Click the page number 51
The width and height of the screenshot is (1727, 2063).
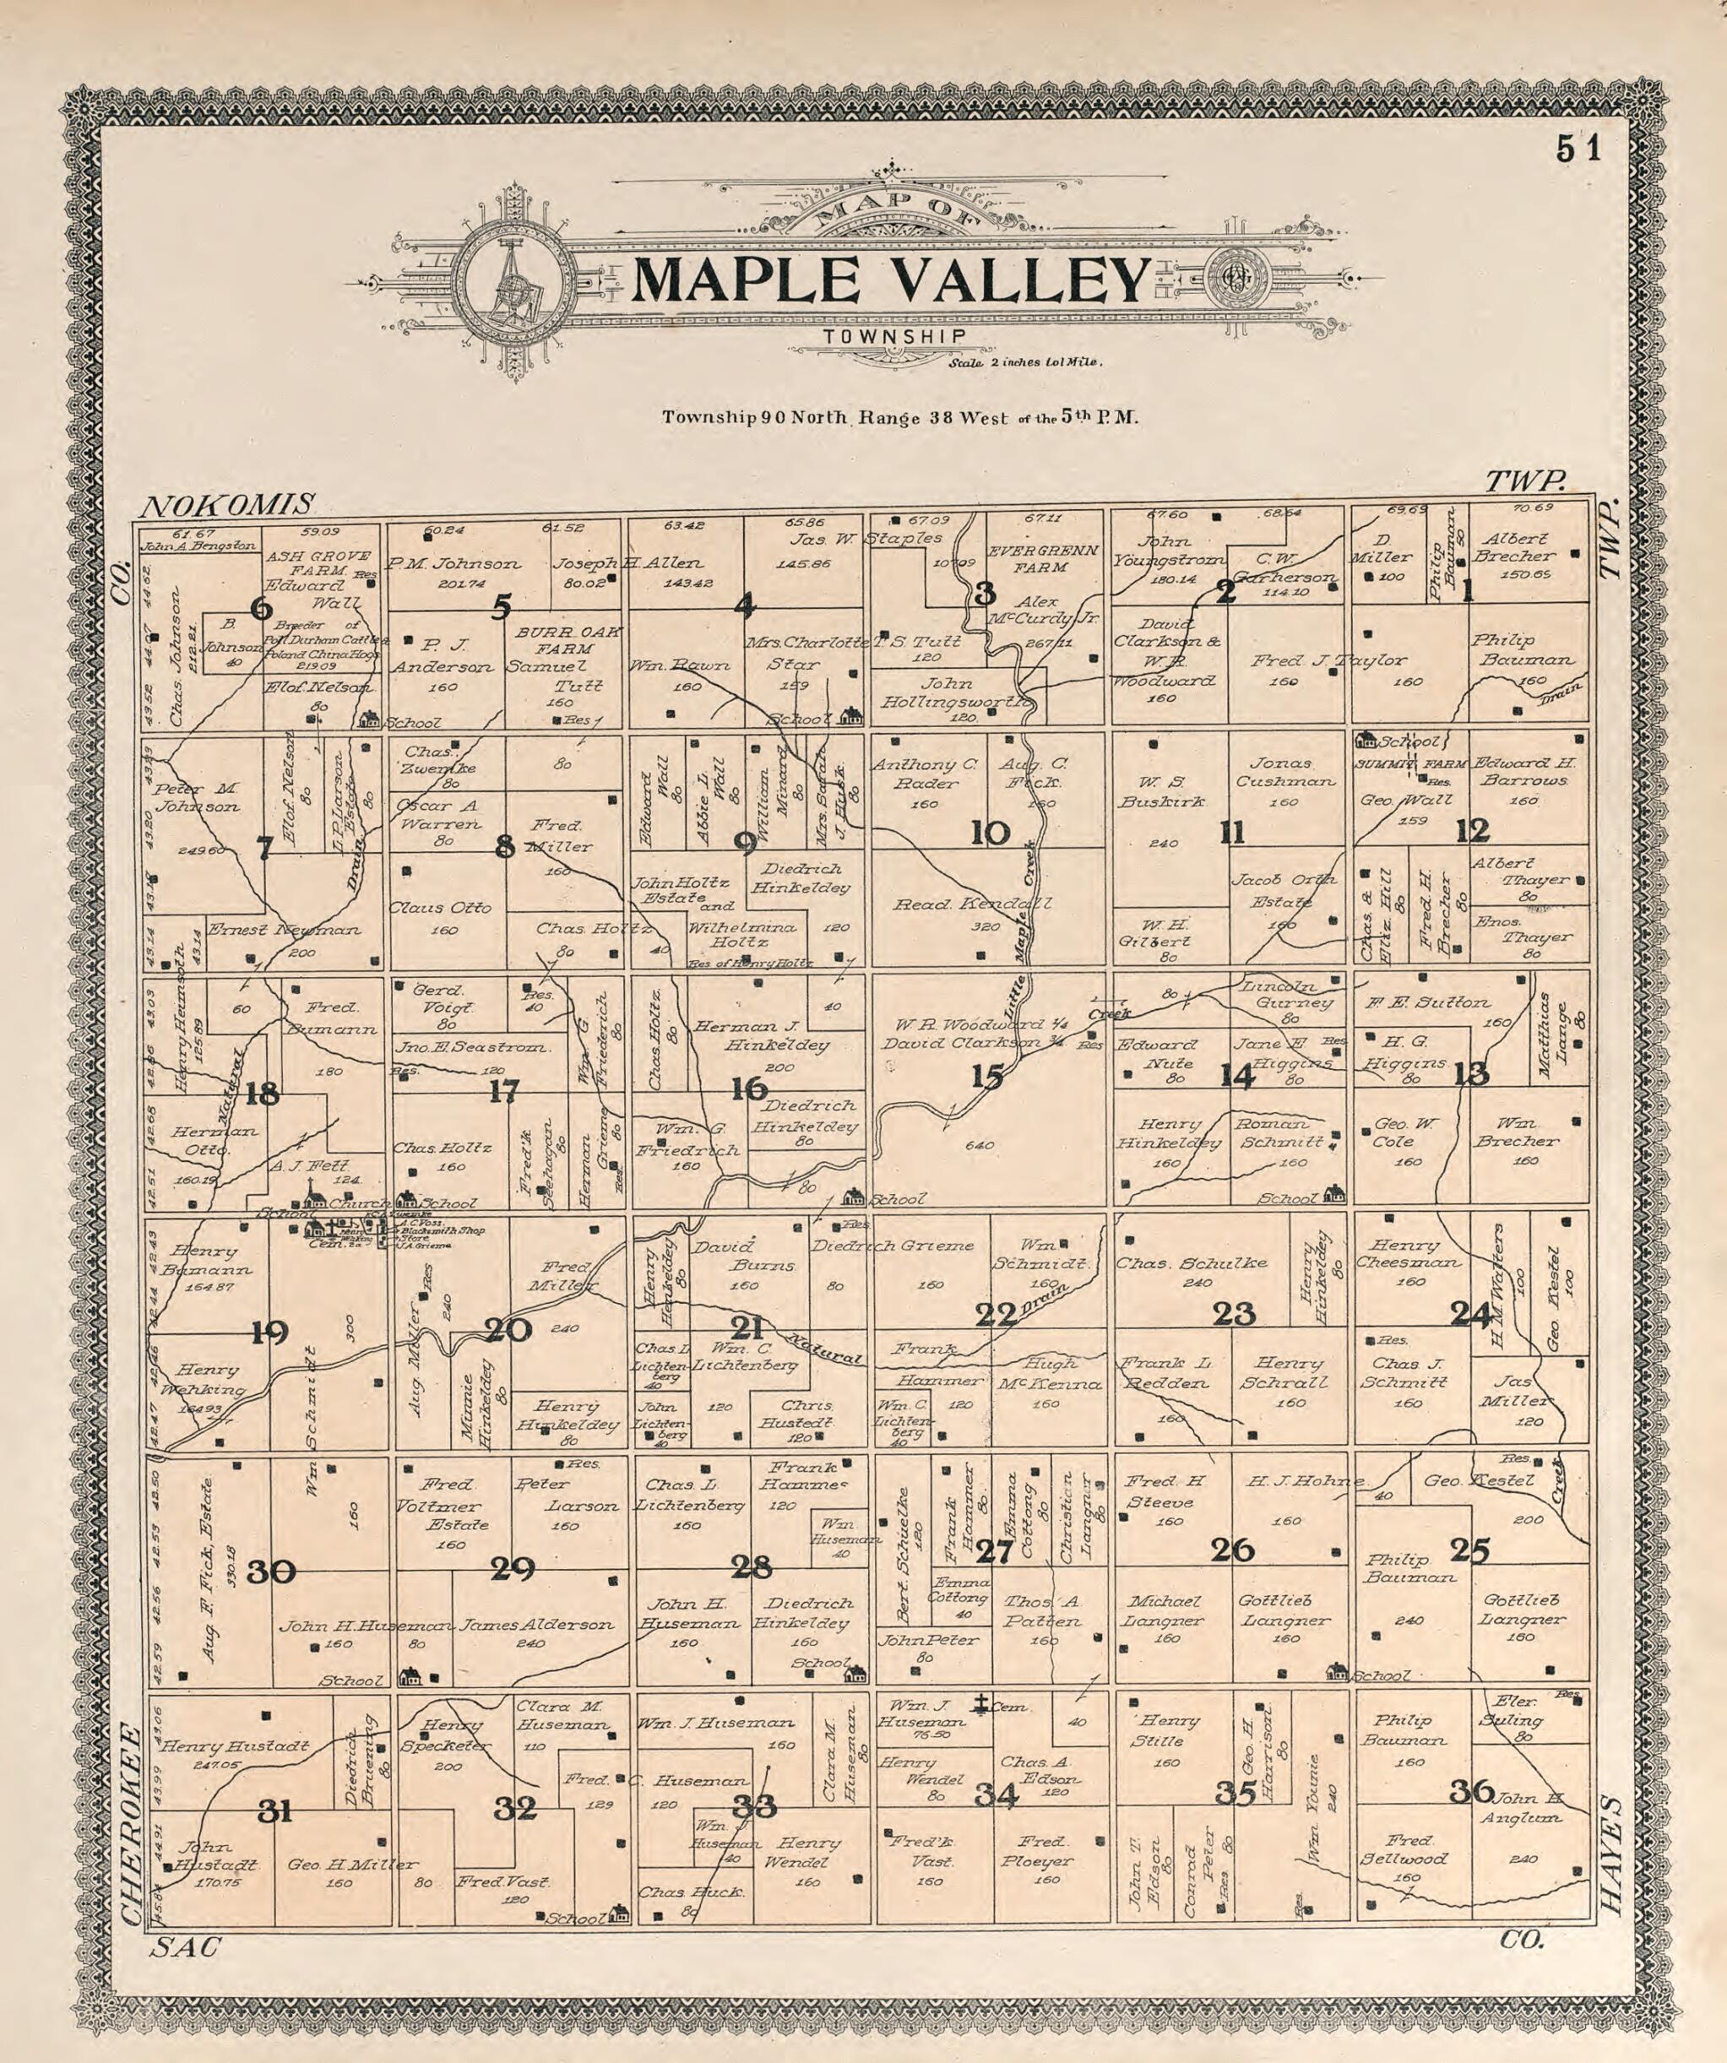pos(1578,149)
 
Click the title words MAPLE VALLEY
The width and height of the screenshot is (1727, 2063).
pos(889,280)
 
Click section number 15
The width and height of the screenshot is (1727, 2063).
pos(987,1078)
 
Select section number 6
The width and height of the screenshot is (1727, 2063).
pos(260,609)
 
